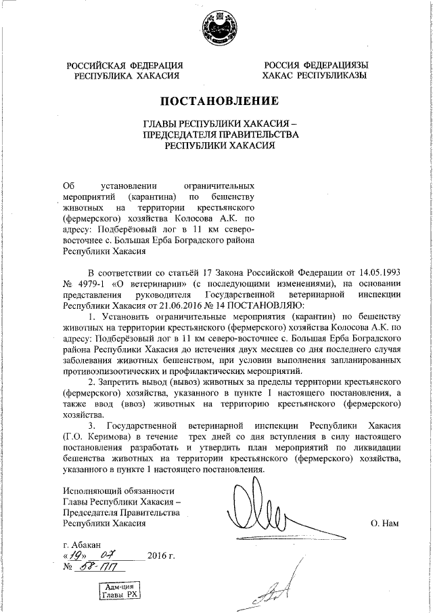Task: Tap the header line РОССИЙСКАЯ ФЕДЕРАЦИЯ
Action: pyautogui.click(x=124, y=65)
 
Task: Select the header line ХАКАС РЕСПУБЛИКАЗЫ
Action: pyautogui.click(x=315, y=75)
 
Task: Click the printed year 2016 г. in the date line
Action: pyautogui.click(x=161, y=557)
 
